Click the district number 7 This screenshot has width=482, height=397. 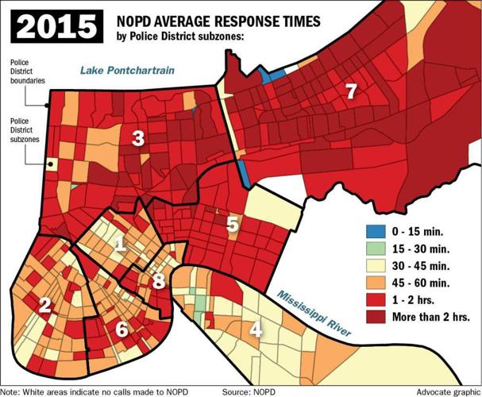pyautogui.click(x=350, y=92)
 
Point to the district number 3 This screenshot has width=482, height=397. pyautogui.click(x=137, y=140)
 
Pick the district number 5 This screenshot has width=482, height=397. pyautogui.click(x=232, y=224)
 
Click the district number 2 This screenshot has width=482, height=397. pyautogui.click(x=45, y=305)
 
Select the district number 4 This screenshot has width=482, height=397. pyautogui.click(x=256, y=330)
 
